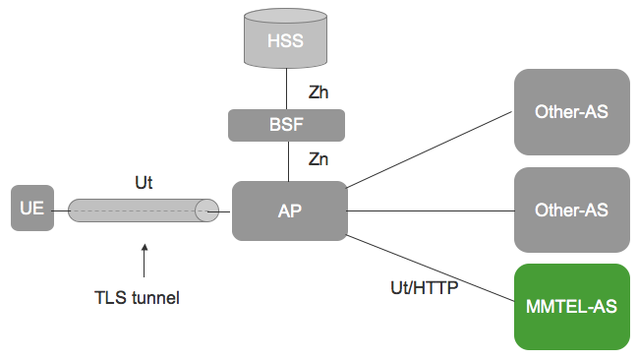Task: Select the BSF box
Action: (287, 125)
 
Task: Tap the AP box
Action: (289, 210)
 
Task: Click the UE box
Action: (31, 210)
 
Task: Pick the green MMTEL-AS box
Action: (571, 307)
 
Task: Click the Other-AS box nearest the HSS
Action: (571, 111)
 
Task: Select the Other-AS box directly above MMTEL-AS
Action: (571, 210)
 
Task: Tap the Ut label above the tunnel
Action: (144, 182)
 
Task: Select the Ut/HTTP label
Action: (425, 288)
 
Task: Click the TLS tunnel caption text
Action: (144, 296)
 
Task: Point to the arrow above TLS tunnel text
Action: (144, 260)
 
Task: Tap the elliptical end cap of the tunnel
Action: (206, 210)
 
